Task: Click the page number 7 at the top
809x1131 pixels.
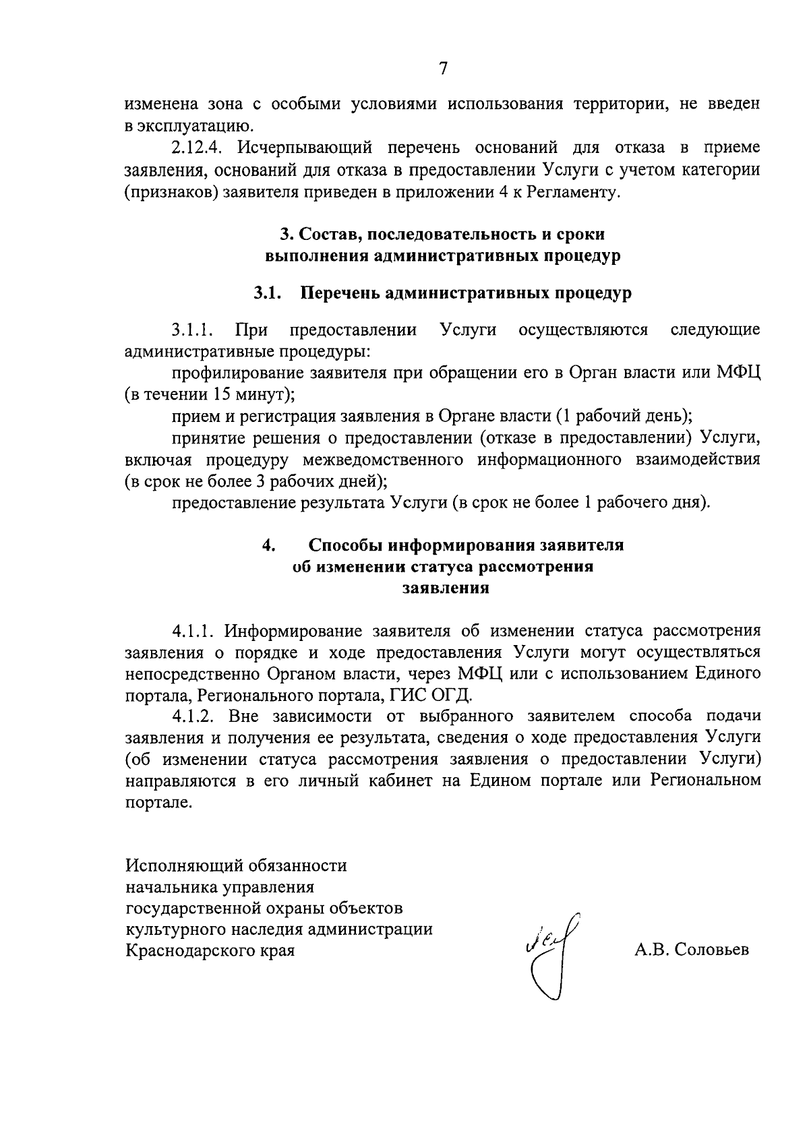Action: point(443,68)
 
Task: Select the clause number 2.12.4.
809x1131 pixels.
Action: point(196,148)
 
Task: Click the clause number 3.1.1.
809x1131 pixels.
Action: point(193,330)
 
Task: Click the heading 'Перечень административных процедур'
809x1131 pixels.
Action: point(466,293)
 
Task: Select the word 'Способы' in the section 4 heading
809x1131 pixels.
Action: point(347,545)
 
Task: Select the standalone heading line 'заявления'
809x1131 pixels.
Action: point(445,588)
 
